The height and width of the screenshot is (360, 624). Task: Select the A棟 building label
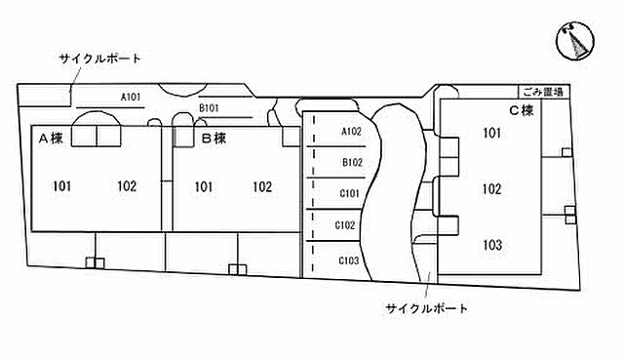[x=50, y=139]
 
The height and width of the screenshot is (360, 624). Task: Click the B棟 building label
[x=214, y=139]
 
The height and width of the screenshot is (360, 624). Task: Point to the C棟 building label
[x=522, y=111]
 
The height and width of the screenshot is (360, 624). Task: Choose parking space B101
[x=211, y=108]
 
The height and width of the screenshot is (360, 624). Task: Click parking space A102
[x=352, y=132]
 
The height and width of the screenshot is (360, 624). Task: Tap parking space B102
[x=352, y=163]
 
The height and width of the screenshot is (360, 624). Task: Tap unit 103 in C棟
[x=492, y=245]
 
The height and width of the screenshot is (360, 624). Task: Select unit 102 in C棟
[x=492, y=189]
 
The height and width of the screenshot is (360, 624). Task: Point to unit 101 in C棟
[x=492, y=134]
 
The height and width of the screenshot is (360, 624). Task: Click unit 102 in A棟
[x=127, y=186]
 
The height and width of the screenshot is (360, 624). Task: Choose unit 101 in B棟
[x=203, y=186]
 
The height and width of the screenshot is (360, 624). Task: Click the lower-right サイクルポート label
[x=427, y=309]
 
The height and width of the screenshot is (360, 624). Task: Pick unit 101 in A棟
[x=63, y=186]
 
